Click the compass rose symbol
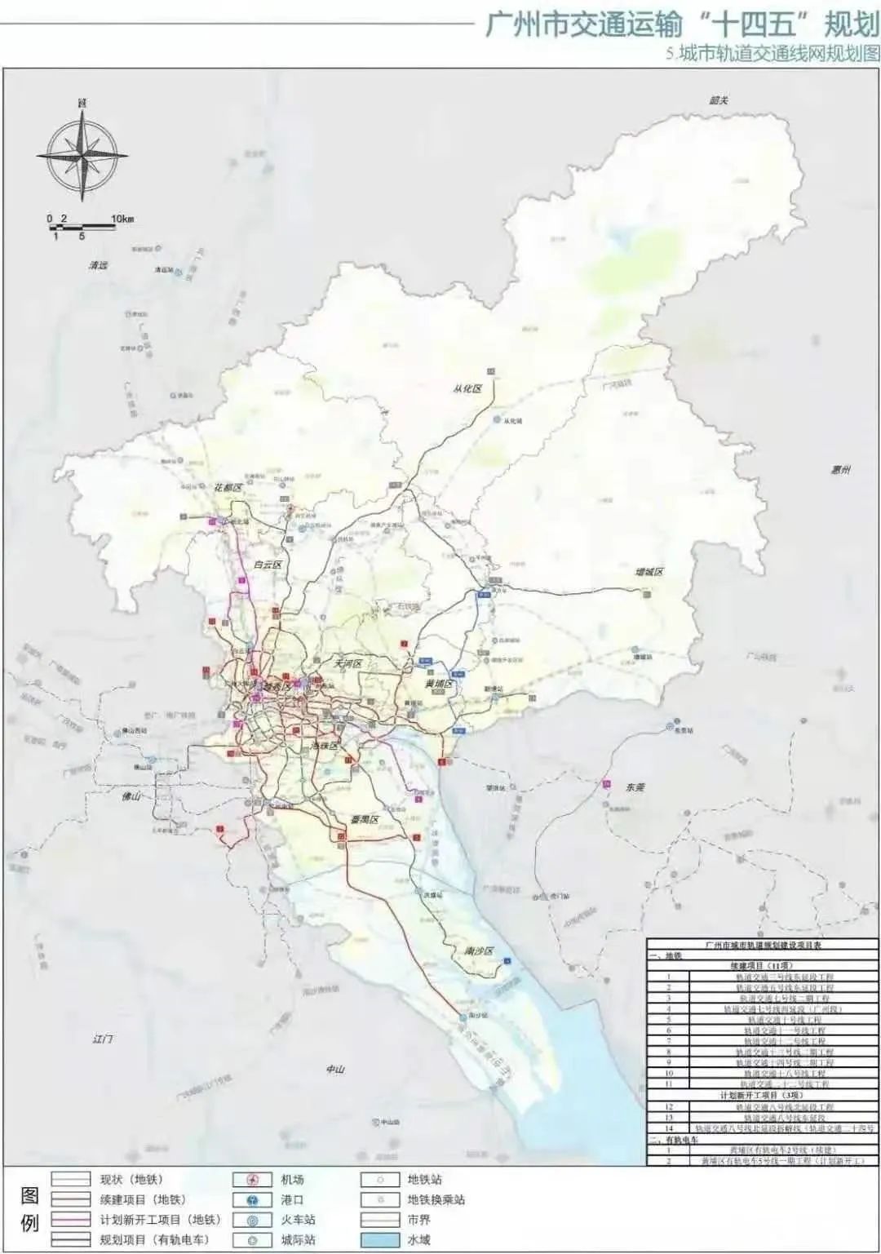pos(82,153)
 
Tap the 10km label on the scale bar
pos(122,219)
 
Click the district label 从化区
pos(467,388)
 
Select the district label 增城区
pos(649,571)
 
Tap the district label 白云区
pos(267,565)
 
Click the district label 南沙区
pos(479,951)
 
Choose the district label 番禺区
pos(365,819)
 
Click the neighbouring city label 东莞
pos(635,787)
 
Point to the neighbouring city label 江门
pos(104,1039)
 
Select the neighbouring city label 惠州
pos(840,470)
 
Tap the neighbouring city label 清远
pos(99,265)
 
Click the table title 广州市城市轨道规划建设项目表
pos(764,944)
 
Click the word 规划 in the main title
pos(848,24)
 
